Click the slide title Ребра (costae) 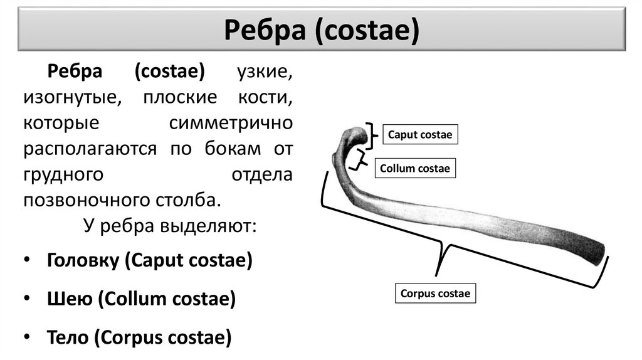click(x=321, y=29)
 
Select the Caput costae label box click(x=419, y=135)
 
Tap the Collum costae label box click(x=415, y=169)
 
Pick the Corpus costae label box click(x=436, y=294)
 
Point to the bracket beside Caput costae click(x=374, y=135)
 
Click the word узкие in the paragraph click(x=264, y=72)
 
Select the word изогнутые click(x=69, y=98)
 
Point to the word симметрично click(x=231, y=123)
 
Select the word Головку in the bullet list click(x=82, y=260)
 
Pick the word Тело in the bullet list click(x=68, y=337)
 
